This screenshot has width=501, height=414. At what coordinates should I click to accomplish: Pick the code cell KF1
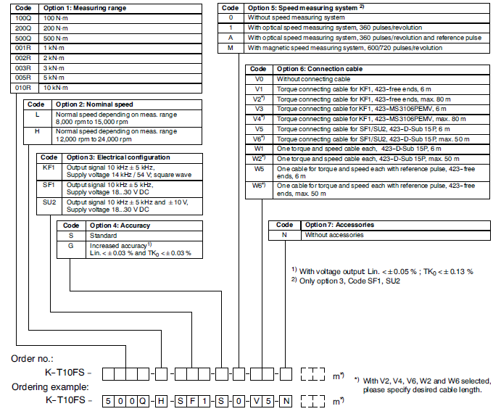(49, 170)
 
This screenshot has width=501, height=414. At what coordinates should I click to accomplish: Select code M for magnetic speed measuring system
(231, 48)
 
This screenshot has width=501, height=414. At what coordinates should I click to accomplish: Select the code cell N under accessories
(284, 235)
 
